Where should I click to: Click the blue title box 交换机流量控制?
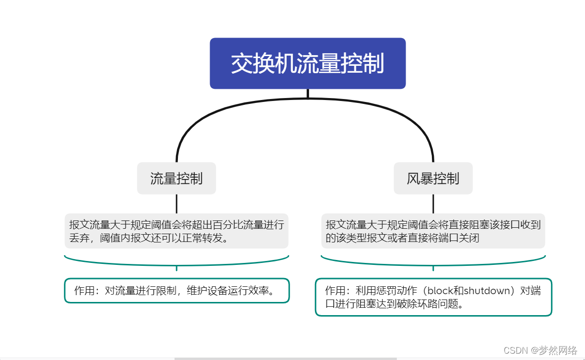[308, 63]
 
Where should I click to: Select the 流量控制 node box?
[176, 179]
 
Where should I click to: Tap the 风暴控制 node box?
[433, 179]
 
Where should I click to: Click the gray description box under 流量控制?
[176, 231]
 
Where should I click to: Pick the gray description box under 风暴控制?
[433, 231]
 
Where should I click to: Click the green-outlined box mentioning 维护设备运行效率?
[176, 291]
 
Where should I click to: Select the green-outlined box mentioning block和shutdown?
[433, 297]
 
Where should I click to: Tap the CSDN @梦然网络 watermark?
[540, 350]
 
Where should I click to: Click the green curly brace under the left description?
[176, 262]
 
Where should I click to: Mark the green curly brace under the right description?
[433, 262]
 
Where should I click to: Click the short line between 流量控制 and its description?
[176, 203]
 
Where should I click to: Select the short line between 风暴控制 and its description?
[433, 203]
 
